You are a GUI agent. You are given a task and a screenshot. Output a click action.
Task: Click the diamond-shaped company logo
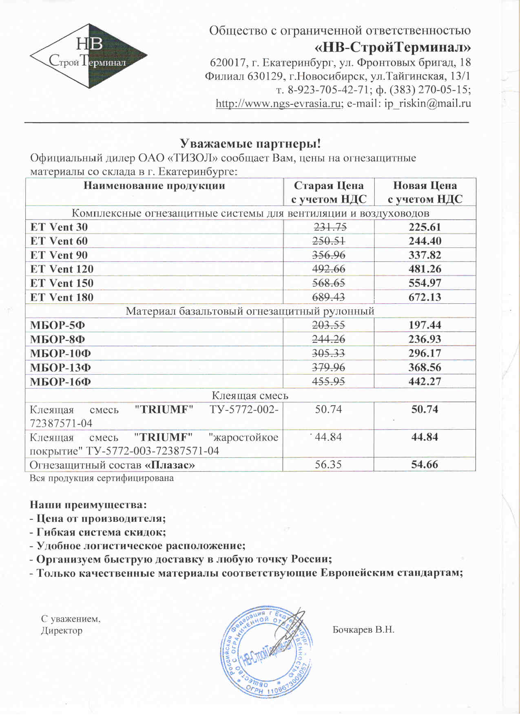[89, 56]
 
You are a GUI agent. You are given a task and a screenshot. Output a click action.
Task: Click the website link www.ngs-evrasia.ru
[278, 104]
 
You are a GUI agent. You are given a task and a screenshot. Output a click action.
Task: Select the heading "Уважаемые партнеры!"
[250, 143]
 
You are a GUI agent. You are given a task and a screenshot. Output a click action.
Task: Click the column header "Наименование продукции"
[154, 186]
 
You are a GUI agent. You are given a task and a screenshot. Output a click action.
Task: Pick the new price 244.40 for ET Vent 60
[425, 241]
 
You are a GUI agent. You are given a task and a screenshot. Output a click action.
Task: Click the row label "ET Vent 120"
[62, 269]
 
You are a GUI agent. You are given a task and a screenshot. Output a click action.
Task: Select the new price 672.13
[425, 297]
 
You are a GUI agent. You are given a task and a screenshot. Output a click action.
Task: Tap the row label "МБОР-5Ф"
[58, 325]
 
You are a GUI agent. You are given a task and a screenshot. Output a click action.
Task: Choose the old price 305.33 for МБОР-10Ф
[329, 353]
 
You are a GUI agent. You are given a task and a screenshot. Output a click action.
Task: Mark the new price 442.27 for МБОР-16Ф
[425, 382]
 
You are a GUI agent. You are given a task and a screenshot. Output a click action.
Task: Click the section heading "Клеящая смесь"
[250, 395]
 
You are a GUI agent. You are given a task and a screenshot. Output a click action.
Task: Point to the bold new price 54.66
[425, 465]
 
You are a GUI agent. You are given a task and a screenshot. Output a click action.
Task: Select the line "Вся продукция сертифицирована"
[102, 478]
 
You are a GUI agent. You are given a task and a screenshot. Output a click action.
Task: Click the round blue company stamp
[267, 651]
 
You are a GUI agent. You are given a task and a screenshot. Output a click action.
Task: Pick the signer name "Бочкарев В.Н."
[363, 630]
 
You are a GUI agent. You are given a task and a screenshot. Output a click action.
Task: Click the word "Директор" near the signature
[62, 631]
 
